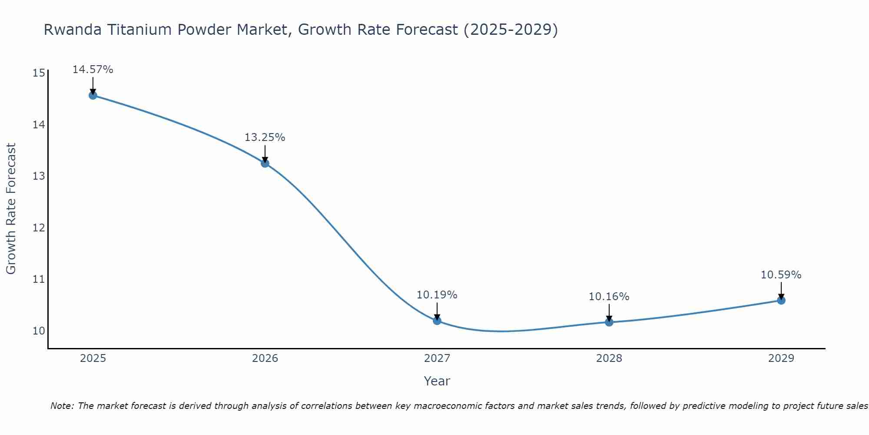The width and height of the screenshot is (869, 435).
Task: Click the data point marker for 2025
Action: tap(93, 95)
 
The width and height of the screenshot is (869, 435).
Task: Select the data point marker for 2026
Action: tap(265, 163)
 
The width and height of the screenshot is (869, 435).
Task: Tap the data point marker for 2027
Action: tap(437, 321)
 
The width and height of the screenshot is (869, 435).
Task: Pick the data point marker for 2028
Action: tap(609, 322)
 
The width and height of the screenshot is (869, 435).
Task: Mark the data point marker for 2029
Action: tap(781, 300)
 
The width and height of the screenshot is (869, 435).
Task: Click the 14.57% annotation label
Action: tap(93, 70)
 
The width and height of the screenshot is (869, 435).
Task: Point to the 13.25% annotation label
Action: tap(265, 137)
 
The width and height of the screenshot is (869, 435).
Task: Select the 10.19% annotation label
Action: tap(437, 295)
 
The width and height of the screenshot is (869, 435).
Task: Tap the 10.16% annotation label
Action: tap(609, 297)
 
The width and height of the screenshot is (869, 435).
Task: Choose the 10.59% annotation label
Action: tap(781, 275)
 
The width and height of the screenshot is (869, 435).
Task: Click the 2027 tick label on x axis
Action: tap(437, 358)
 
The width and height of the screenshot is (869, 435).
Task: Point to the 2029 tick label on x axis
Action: tap(781, 358)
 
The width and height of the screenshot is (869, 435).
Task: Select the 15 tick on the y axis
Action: tap(39, 73)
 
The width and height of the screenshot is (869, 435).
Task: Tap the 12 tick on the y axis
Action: tap(39, 228)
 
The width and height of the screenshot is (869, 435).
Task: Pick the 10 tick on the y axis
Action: tap(39, 331)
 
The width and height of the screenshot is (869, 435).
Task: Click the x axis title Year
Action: tap(437, 381)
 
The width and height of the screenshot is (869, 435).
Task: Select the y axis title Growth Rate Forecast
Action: tap(11, 209)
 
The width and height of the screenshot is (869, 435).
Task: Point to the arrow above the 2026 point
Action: tap(265, 153)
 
